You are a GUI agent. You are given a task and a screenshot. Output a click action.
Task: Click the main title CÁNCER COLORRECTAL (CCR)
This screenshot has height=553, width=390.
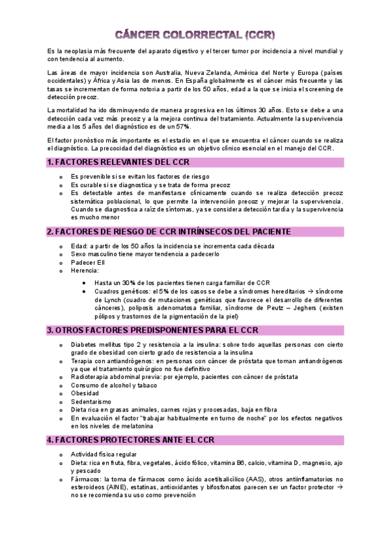click(x=195, y=34)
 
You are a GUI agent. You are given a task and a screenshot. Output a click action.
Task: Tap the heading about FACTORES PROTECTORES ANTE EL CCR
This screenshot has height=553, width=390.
click(x=131, y=440)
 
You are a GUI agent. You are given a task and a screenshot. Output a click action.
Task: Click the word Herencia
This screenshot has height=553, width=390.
click(x=85, y=271)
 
